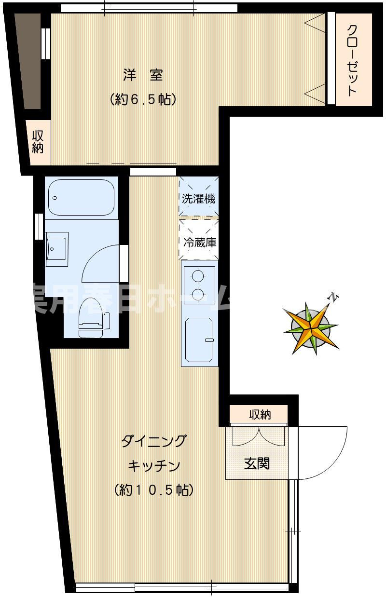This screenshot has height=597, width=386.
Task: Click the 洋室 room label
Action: [142, 76]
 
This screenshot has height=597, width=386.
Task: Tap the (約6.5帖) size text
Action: [142, 99]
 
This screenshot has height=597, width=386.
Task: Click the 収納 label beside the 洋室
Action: [38, 142]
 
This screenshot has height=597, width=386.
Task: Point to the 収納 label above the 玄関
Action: [260, 414]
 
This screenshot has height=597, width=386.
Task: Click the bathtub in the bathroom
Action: [81, 197]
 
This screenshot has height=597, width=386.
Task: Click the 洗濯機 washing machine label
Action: [198, 198]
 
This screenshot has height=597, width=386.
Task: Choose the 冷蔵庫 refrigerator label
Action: [199, 242]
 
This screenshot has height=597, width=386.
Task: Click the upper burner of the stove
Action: [198, 275]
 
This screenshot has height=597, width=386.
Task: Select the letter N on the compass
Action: [333, 298]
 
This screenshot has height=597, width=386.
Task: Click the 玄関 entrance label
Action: [257, 463]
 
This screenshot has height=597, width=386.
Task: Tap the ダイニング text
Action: [153, 441]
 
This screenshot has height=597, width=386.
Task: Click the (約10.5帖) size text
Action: [154, 490]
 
